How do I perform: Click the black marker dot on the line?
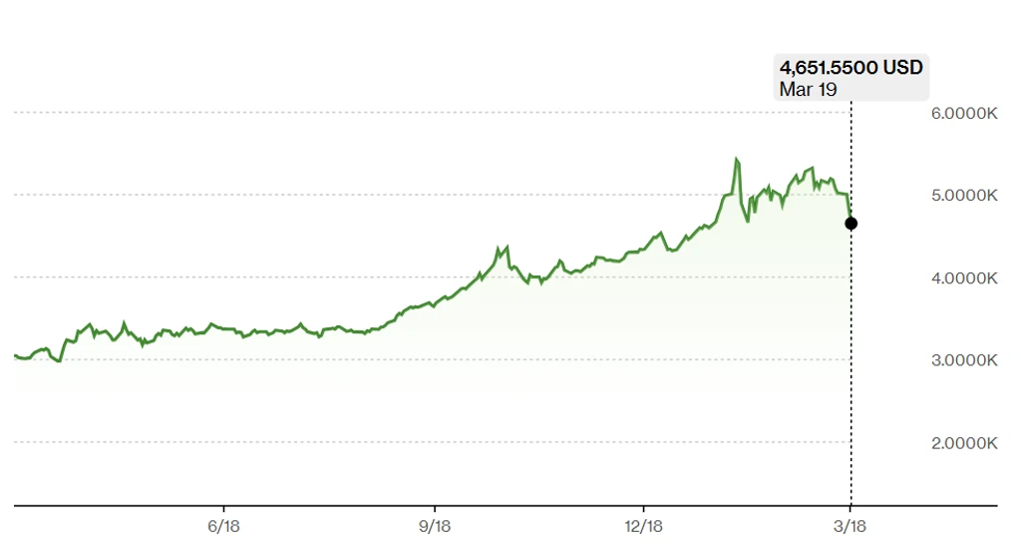tap(851, 224)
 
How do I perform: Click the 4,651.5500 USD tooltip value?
tap(851, 68)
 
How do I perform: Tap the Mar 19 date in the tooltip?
tap(808, 89)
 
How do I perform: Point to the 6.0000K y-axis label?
tap(964, 114)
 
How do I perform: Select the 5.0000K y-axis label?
tap(964, 196)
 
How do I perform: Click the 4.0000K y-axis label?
tap(964, 278)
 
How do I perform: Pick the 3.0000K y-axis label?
tap(964, 360)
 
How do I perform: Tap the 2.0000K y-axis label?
tap(964, 443)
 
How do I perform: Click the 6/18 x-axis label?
tap(223, 526)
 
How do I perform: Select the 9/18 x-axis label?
tap(435, 526)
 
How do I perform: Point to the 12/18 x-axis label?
tap(643, 526)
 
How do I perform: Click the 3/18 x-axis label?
tap(850, 526)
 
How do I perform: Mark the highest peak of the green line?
tap(737, 159)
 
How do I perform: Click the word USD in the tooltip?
tap(902, 68)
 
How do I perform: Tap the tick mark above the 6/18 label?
tap(223, 509)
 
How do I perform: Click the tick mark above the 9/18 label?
tap(435, 509)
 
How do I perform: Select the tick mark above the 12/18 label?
tap(643, 509)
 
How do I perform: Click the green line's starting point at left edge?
tap(15, 355)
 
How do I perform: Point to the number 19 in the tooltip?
tap(826, 89)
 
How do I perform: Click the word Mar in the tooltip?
tap(795, 89)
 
